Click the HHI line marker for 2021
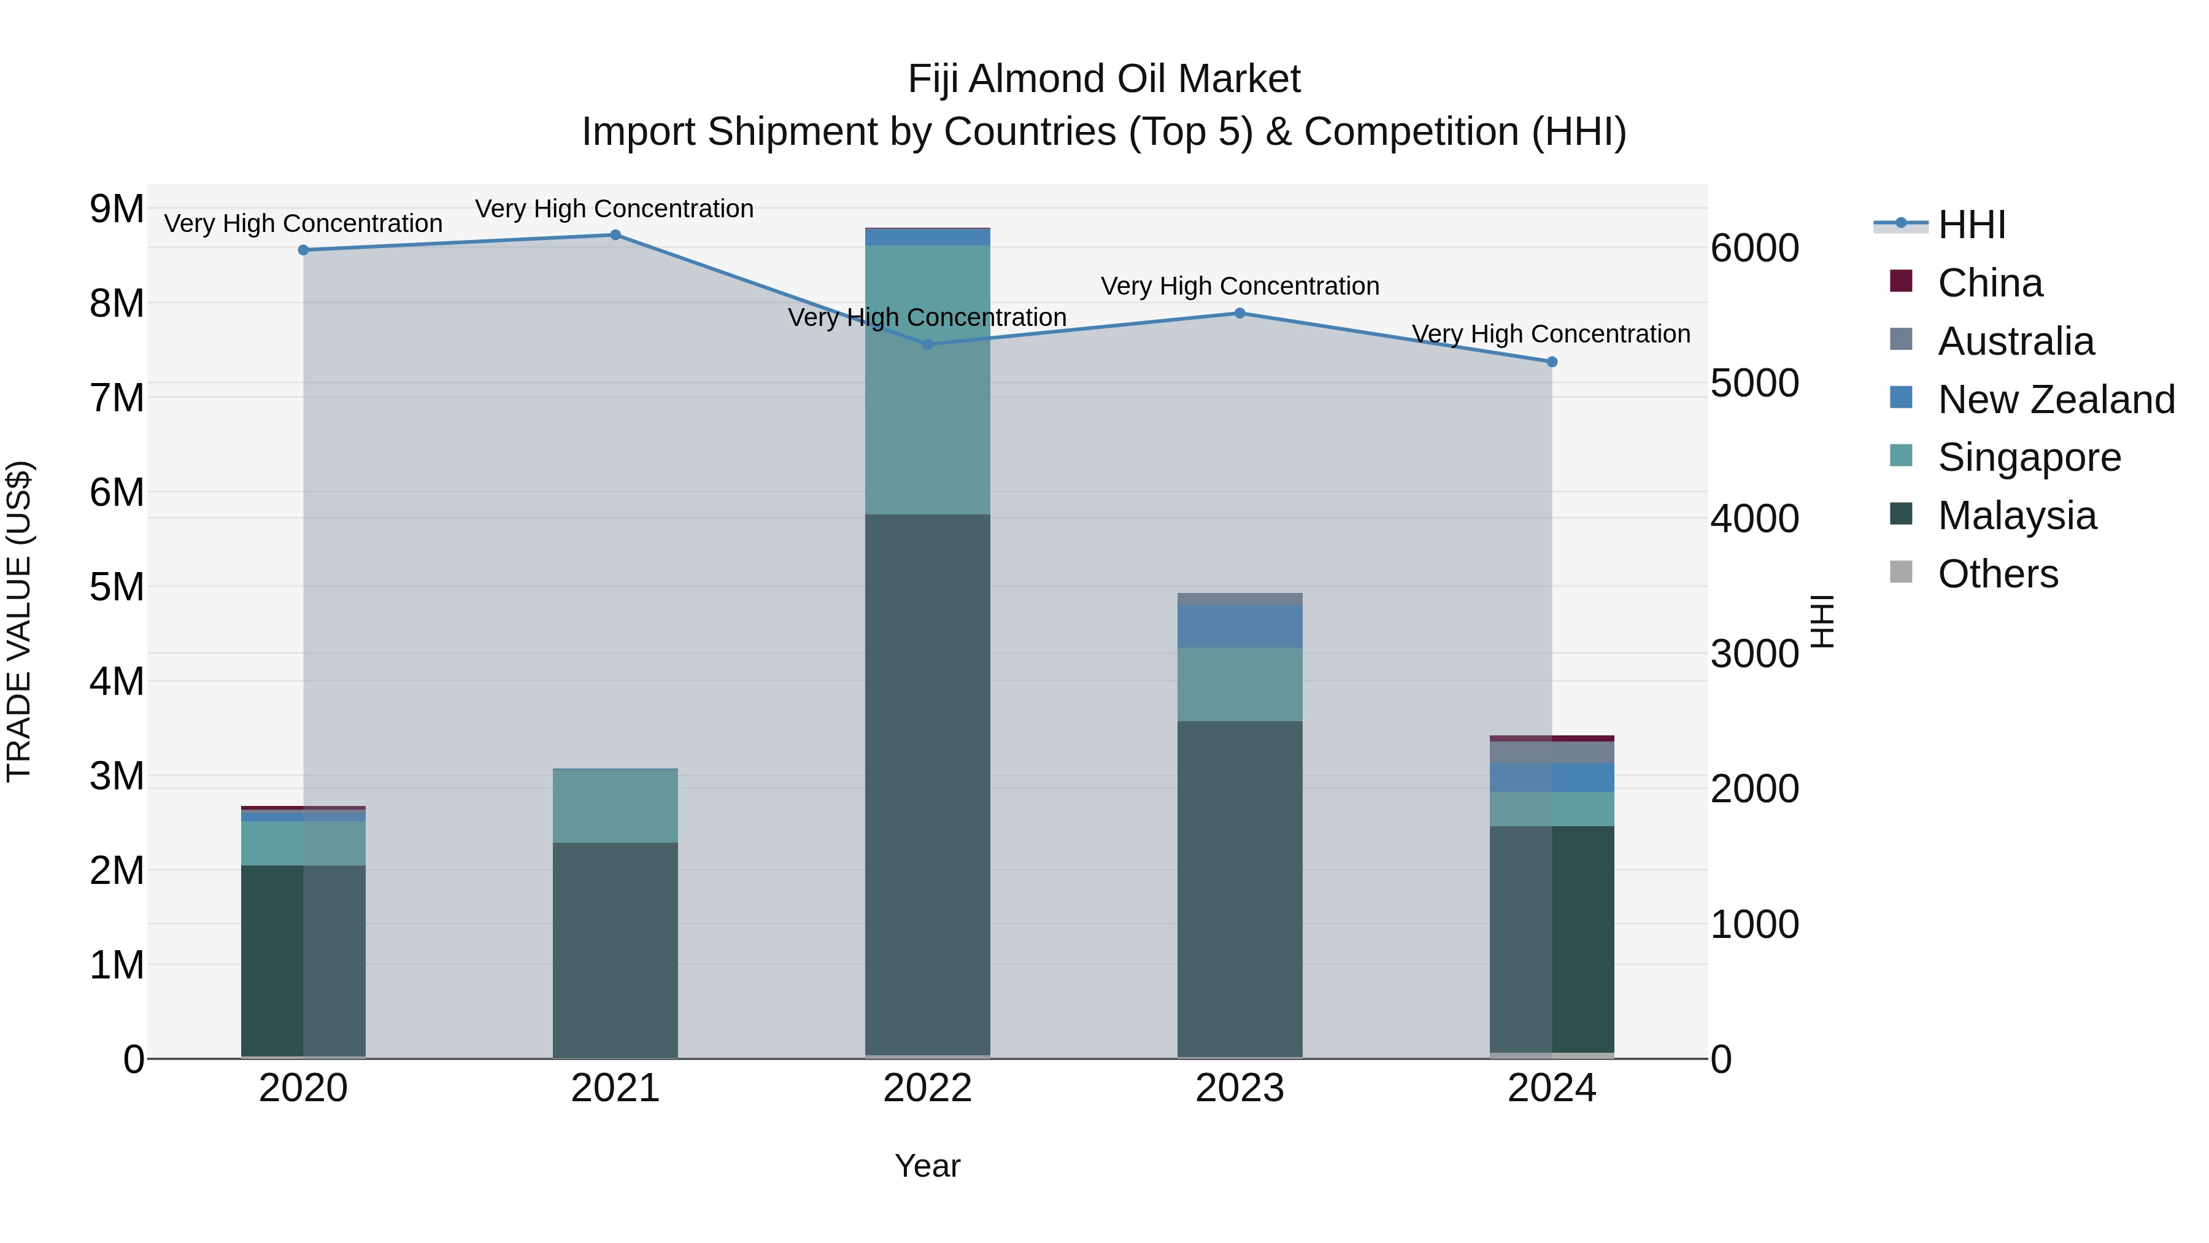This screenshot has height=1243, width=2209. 615,235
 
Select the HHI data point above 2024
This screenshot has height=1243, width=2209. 1551,362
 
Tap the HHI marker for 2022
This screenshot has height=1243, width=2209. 927,344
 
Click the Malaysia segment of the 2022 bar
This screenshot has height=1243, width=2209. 927,785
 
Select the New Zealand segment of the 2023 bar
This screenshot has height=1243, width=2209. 1239,626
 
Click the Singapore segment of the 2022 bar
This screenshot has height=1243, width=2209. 927,380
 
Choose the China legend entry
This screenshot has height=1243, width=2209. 1989,283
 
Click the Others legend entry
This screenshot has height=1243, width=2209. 1997,574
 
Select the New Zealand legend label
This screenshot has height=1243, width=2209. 2056,400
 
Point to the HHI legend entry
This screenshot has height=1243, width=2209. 1970,225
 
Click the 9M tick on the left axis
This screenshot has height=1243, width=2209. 117,209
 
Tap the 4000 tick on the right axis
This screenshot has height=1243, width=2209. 1754,518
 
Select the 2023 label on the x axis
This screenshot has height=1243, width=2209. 1239,1088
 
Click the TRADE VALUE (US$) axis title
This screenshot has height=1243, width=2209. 19,621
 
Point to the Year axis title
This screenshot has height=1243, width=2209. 927,1166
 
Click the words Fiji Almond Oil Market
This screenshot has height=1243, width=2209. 1104,79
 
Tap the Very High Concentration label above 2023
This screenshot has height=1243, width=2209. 1239,285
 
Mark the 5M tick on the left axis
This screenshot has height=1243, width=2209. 117,587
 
